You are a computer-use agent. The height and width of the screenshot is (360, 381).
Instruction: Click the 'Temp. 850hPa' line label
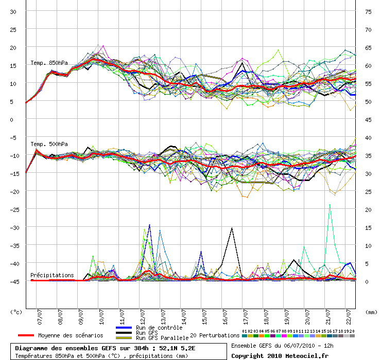[x=49, y=63]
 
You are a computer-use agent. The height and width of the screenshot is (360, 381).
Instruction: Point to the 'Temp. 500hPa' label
[x=49, y=144]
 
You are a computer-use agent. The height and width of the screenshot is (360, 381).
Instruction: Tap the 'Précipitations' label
[x=52, y=275]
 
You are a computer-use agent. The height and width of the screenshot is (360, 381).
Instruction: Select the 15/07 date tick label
[x=204, y=317]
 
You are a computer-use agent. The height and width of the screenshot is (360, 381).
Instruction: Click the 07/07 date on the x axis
[x=40, y=317]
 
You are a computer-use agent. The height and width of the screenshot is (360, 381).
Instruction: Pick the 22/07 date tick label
[x=349, y=317]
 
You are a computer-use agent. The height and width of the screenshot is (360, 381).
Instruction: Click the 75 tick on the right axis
[x=368, y=12]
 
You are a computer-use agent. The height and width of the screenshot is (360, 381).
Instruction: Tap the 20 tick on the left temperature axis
[x=13, y=48]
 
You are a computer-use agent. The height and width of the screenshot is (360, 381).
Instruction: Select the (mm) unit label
[x=371, y=312]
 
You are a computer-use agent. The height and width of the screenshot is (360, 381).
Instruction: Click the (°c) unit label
[x=16, y=312]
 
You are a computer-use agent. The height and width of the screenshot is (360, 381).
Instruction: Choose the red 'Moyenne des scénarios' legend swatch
[x=26, y=335]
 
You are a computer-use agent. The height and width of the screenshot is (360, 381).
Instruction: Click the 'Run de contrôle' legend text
[x=159, y=328]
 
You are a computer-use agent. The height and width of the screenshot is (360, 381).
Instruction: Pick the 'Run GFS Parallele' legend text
[x=162, y=338]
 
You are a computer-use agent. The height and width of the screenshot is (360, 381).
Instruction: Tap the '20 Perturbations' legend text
[x=215, y=335]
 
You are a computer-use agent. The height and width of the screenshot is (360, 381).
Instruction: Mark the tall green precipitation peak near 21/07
[x=330, y=205]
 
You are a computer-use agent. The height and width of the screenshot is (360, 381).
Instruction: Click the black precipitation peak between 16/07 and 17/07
[x=232, y=228]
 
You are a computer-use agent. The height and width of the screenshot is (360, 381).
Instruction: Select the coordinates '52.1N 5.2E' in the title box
[x=177, y=348]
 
